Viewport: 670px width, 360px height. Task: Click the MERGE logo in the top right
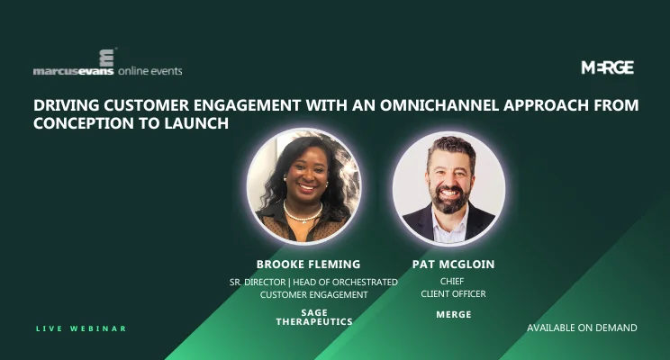coord(607,67)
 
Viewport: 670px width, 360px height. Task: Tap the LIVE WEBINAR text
coord(81,328)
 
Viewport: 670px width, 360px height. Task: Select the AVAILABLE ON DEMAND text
coord(582,328)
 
